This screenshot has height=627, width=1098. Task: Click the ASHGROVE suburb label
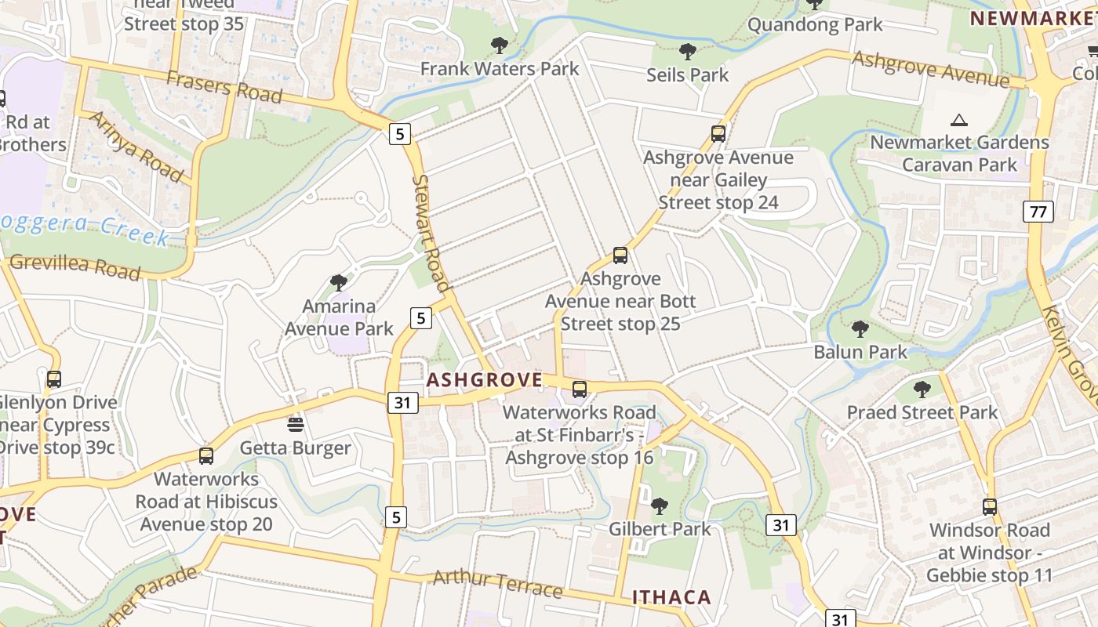click(484, 381)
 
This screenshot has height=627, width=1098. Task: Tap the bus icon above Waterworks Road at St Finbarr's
click(580, 389)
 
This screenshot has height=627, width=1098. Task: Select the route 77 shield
click(1038, 211)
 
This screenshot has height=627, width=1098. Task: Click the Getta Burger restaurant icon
click(296, 425)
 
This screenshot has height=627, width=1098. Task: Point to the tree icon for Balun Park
click(860, 328)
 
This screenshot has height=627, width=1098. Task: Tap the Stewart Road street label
click(431, 233)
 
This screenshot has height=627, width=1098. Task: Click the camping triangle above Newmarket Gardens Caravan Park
click(958, 120)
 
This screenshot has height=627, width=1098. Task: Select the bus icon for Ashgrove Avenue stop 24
click(718, 133)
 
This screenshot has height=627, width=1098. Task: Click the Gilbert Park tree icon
click(659, 506)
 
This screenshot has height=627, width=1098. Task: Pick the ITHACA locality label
click(671, 597)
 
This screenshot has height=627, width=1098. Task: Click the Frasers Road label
click(224, 86)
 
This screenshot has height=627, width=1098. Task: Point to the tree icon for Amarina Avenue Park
click(339, 282)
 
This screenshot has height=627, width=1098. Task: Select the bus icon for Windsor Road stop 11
click(989, 506)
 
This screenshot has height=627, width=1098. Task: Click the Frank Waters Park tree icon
click(499, 45)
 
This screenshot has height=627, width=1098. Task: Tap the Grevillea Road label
click(75, 266)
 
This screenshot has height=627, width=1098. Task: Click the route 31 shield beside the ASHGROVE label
click(402, 403)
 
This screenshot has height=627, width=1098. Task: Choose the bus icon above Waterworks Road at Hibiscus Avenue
click(205, 455)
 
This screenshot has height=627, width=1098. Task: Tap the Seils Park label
click(687, 75)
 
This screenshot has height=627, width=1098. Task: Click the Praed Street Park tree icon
click(922, 389)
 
